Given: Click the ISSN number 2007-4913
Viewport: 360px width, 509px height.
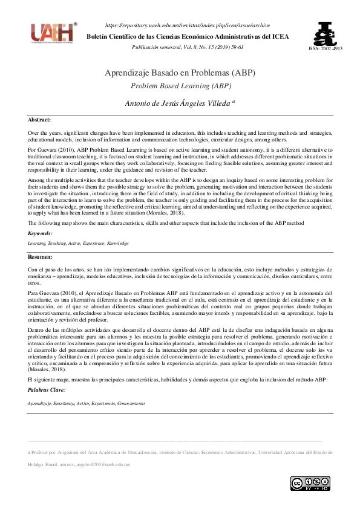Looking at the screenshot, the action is (325, 48).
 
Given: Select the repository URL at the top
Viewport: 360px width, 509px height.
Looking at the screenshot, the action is (188, 25).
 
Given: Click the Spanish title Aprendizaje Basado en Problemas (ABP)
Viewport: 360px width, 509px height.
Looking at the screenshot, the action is (180, 73).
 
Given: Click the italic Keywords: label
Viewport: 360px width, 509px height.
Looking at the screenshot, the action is (41, 233).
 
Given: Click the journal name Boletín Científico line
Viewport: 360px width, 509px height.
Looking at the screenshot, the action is (188, 36).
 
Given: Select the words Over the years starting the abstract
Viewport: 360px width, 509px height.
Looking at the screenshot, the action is (46, 132).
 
